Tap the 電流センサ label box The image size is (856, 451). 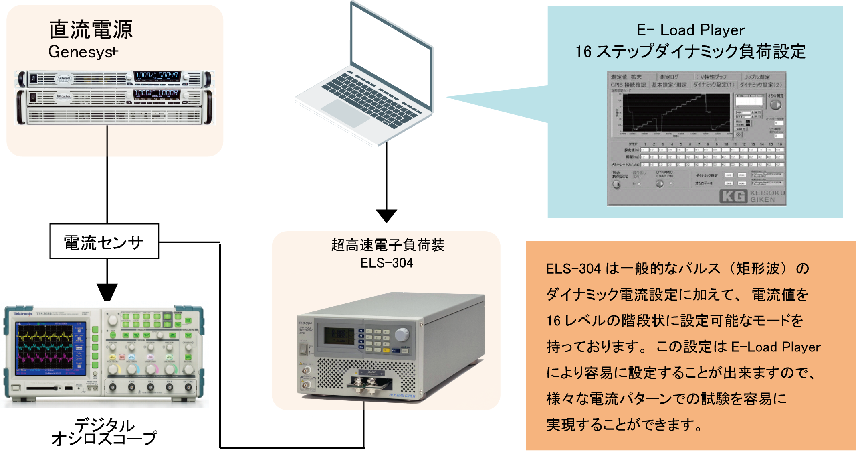[x=104, y=242]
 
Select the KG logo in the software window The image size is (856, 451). [x=733, y=197]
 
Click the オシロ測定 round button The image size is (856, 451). [x=775, y=105]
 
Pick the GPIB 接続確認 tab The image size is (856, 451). [x=628, y=85]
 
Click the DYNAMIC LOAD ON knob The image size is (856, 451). [x=660, y=184]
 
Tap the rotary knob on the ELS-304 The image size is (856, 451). [x=402, y=334]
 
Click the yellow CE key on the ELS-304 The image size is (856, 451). [x=386, y=350]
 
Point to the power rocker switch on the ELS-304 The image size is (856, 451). [x=303, y=349]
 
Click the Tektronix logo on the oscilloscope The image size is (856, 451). [x=23, y=313]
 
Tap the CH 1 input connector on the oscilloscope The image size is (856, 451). [x=113, y=387]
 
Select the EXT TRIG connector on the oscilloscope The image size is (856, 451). [x=188, y=387]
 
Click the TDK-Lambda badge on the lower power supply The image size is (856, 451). [x=63, y=96]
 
